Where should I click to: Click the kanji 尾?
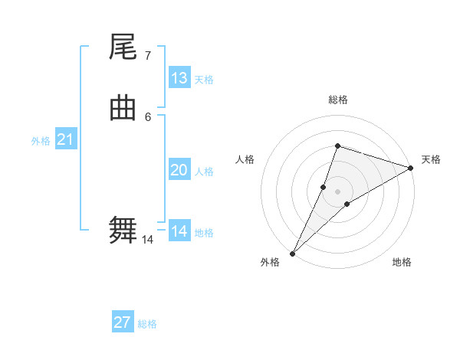123,48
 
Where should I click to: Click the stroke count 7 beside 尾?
147,56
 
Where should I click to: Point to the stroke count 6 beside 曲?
147,116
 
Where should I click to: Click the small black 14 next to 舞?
147,240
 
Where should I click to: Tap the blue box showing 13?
179,77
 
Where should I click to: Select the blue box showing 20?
179,170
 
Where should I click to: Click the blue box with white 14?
179,231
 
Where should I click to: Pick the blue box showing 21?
66,139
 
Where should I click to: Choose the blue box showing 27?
123,322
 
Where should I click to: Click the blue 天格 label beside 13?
204,80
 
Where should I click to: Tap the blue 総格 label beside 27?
147,324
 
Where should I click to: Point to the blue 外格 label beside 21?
41,141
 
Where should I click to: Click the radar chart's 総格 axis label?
337,100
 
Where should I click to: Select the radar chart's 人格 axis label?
245,159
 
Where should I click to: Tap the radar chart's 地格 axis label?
402,262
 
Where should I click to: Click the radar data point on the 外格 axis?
292,254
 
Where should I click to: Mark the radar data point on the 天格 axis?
410,169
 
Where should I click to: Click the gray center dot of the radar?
337,191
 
